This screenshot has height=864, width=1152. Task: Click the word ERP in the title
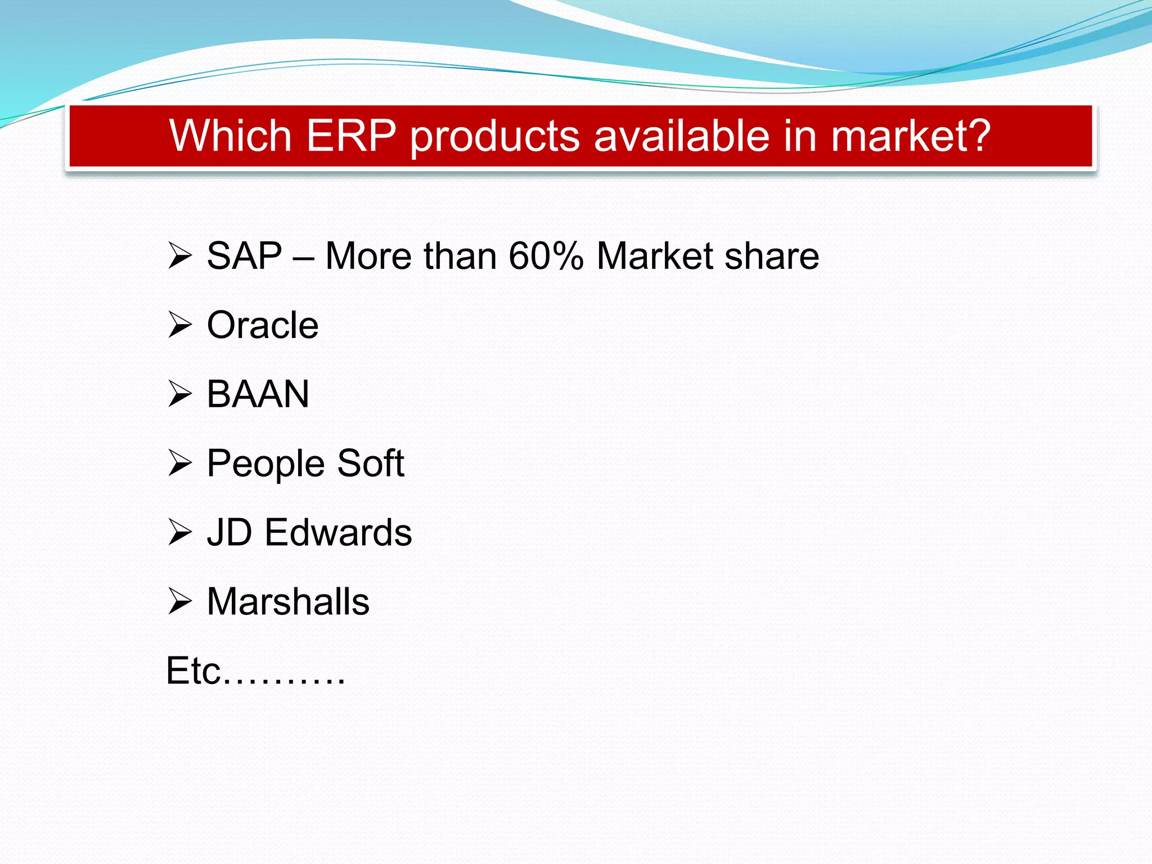pos(351,136)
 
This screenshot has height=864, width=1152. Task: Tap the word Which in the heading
pos(230,136)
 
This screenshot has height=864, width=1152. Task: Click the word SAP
pos(244,256)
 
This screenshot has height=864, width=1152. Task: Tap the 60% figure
pos(546,256)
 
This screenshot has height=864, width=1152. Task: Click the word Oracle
pos(263,325)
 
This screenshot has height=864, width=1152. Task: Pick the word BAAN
pos(258,394)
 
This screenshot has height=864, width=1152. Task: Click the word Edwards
pos(338,532)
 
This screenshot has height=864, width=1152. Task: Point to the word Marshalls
pos(288,601)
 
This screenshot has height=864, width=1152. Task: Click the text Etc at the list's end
pos(193,670)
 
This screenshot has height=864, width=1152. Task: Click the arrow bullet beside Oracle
pos(180,325)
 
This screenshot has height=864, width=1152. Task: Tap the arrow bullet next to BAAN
pos(180,394)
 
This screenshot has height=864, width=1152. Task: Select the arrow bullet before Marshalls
pos(180,601)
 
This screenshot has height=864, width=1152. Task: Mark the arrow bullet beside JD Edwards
pos(180,532)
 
